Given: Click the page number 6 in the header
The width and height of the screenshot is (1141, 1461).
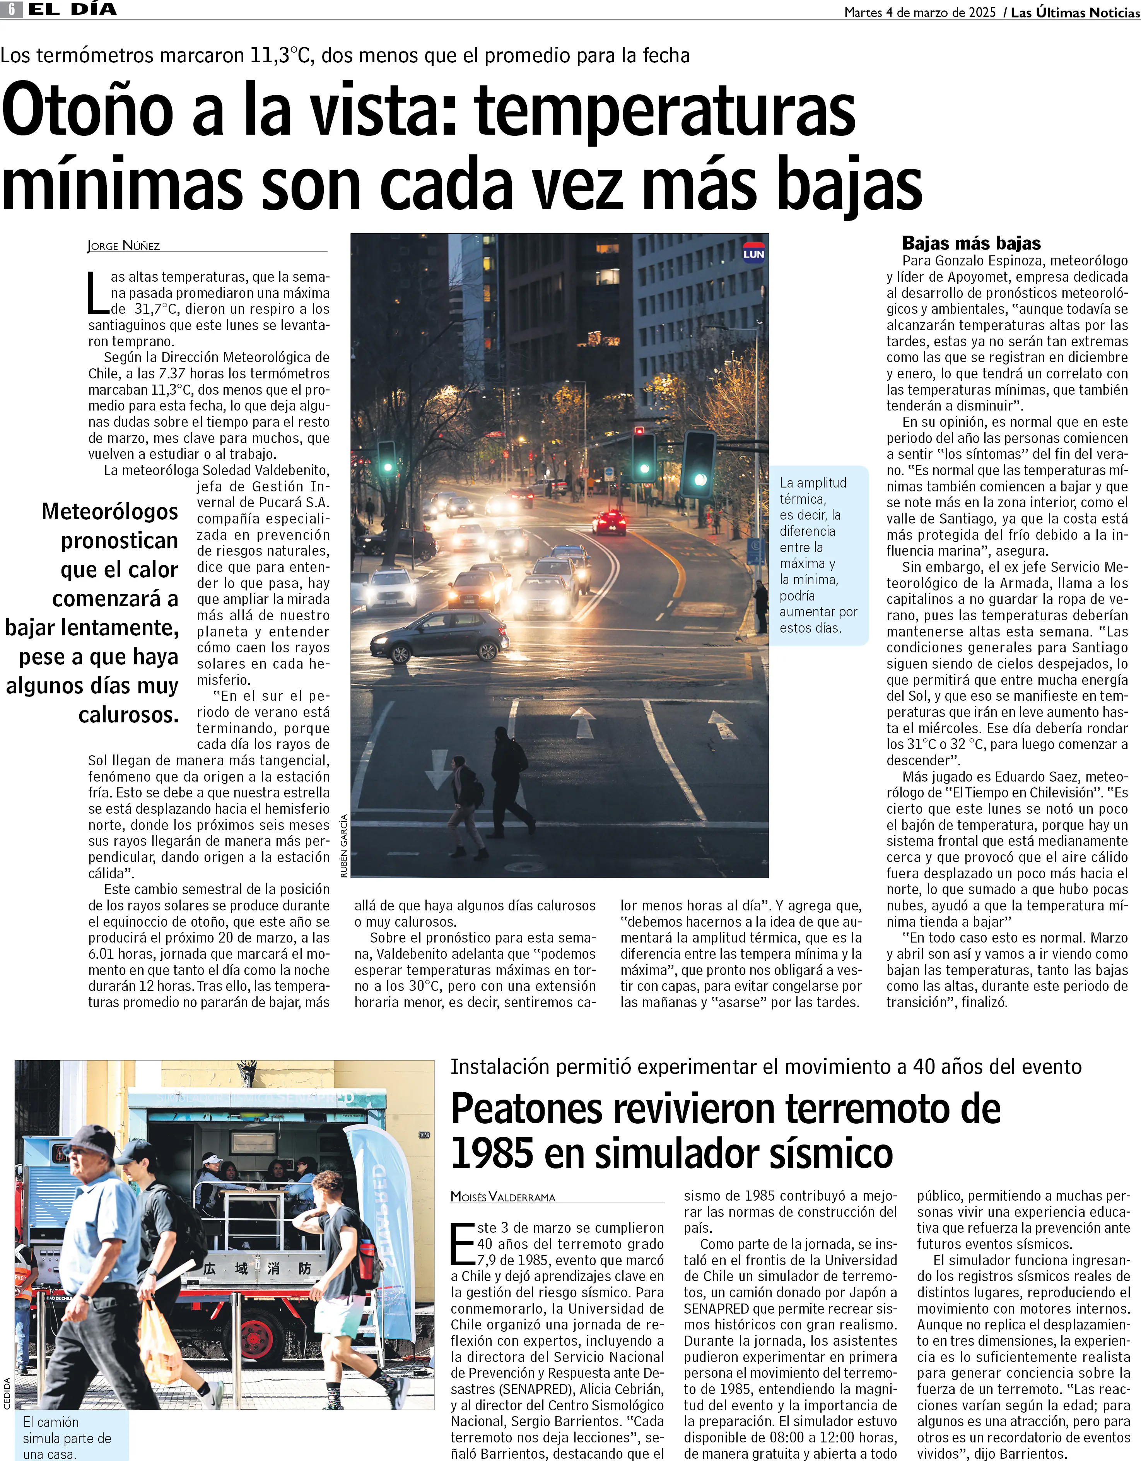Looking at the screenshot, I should pyautogui.click(x=11, y=9).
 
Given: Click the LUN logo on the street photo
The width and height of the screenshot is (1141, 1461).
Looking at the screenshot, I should pyautogui.click(x=753, y=253).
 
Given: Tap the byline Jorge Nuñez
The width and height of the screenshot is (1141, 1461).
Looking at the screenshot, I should pyautogui.click(x=124, y=246).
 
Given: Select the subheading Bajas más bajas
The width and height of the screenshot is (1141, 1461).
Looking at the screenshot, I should pyautogui.click(x=971, y=243).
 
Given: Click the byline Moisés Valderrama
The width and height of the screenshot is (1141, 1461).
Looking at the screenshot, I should pyautogui.click(x=503, y=1197).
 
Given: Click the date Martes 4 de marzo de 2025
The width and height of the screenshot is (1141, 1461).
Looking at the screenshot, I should pyautogui.click(x=920, y=12).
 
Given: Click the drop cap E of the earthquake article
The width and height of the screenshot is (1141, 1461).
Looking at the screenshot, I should pyautogui.click(x=462, y=1244).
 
